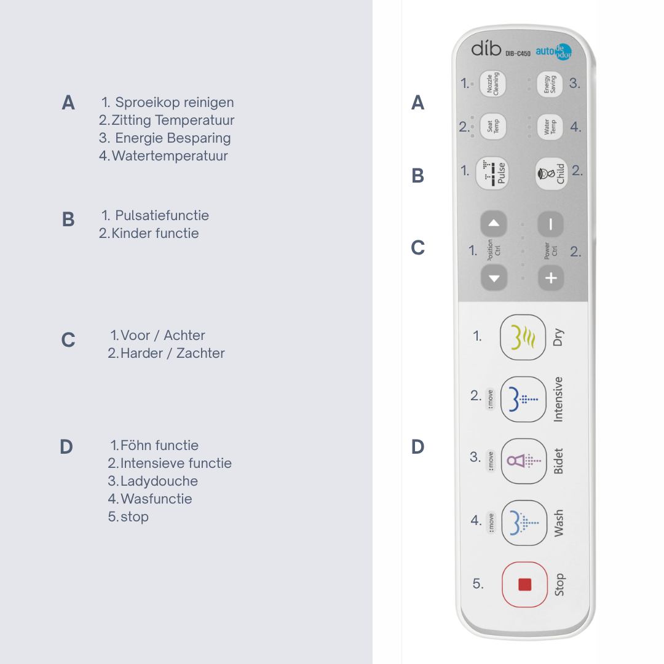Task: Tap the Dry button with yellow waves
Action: click(x=523, y=337)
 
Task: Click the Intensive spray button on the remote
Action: click(x=523, y=399)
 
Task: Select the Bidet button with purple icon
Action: click(x=523, y=460)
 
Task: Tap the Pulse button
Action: click(x=492, y=173)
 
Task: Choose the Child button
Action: click(x=551, y=173)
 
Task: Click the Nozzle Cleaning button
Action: click(x=492, y=84)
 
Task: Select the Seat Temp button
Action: click(x=493, y=126)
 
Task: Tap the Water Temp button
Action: click(x=550, y=127)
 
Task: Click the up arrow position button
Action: click(x=494, y=223)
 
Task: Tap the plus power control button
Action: click(x=551, y=279)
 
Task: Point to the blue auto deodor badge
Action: click(x=554, y=52)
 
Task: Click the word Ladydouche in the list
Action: click(x=159, y=481)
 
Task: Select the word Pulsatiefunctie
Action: click(x=162, y=215)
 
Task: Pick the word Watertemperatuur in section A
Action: click(x=170, y=156)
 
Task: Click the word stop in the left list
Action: click(x=135, y=517)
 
